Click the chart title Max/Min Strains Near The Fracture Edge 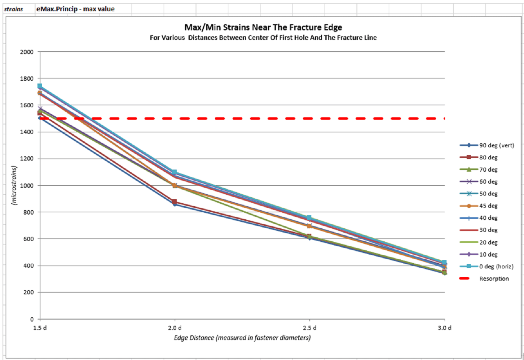tap(263, 27)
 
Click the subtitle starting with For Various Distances tap(263, 38)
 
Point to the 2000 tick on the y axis tap(27, 52)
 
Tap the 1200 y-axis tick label tap(27, 159)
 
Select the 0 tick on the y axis tap(32, 319)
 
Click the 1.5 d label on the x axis tap(40, 328)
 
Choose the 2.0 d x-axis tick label tap(175, 328)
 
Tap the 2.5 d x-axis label tap(309, 328)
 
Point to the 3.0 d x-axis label tap(444, 328)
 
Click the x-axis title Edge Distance tap(242, 338)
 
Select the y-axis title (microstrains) tap(14, 185)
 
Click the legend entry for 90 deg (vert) tap(496, 145)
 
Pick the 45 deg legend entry tap(488, 206)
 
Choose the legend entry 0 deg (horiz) tap(496, 267)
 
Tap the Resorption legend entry tap(494, 279)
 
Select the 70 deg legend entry tap(488, 170)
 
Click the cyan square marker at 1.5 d tap(40, 86)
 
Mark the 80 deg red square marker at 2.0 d tap(175, 202)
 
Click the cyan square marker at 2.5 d tap(309, 218)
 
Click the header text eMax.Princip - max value tap(75, 9)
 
